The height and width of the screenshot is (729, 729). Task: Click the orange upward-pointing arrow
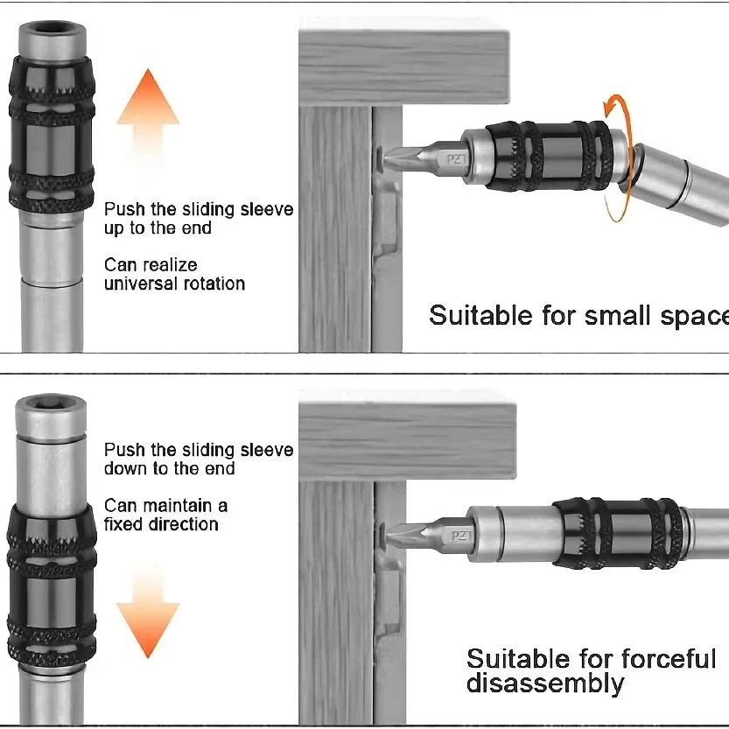148,114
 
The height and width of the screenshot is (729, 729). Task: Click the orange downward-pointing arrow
148,608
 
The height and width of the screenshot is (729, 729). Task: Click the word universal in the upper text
135,284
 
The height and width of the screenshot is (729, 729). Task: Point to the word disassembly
545,683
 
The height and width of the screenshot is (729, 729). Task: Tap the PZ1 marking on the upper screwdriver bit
456,159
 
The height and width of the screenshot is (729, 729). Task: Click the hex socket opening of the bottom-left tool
52,405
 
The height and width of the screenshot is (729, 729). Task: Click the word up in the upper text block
115,228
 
